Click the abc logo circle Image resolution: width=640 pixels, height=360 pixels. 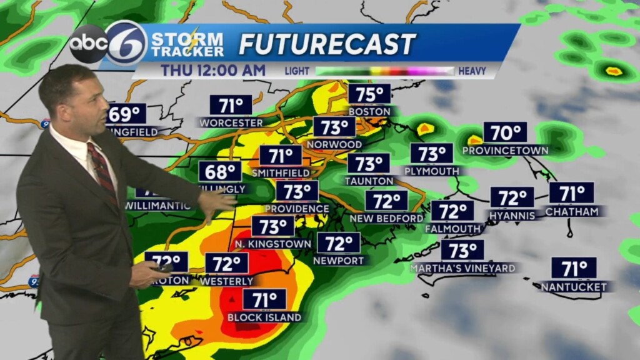point(88,44)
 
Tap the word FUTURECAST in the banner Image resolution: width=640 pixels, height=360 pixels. point(327,44)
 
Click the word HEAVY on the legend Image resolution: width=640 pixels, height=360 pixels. point(472,71)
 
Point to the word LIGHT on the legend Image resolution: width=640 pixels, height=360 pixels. point(297,71)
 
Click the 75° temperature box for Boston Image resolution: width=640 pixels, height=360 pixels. point(369,94)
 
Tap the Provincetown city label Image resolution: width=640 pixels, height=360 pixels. point(505,150)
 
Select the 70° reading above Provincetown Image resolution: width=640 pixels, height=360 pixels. point(505,132)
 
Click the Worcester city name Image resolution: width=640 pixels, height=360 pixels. point(231,122)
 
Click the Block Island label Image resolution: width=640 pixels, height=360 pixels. point(264,317)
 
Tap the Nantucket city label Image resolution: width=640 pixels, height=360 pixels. point(574,287)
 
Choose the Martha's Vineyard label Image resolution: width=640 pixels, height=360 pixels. point(463,268)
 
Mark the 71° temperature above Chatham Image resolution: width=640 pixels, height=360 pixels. point(571,192)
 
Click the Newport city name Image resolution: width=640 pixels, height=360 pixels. point(338,260)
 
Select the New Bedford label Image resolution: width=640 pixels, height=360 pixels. point(386,218)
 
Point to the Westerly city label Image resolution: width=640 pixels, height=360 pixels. point(227,281)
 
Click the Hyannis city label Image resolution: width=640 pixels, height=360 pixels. point(512,215)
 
